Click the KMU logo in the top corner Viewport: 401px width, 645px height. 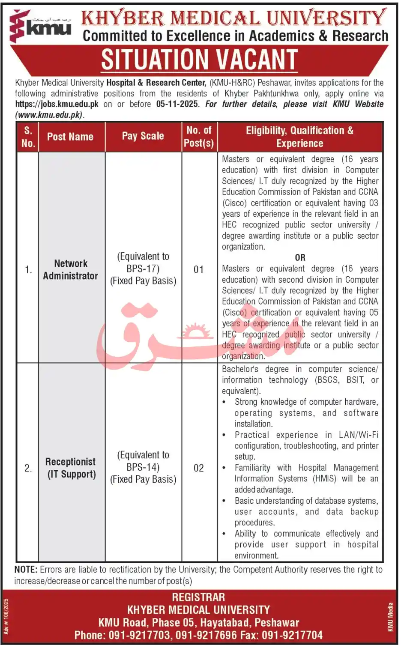[40, 26]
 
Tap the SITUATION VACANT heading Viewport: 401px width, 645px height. [199, 60]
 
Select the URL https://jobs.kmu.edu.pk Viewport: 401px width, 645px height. [57, 104]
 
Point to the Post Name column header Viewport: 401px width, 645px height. [70, 137]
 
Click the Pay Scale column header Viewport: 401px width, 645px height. [143, 136]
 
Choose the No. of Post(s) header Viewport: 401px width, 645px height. [199, 137]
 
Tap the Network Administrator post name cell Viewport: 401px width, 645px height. [71, 269]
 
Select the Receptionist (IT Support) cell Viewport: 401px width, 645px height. [71, 468]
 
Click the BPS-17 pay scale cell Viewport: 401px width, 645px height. [143, 269]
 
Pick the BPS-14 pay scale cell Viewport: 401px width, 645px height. [143, 467]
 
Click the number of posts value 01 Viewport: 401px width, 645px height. [199, 269]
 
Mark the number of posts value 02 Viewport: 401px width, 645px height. [199, 468]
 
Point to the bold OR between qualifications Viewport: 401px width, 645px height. [300, 258]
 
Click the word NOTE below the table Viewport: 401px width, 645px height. [25, 570]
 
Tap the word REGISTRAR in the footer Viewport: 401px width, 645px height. [198, 597]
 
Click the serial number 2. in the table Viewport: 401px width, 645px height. [28, 468]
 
